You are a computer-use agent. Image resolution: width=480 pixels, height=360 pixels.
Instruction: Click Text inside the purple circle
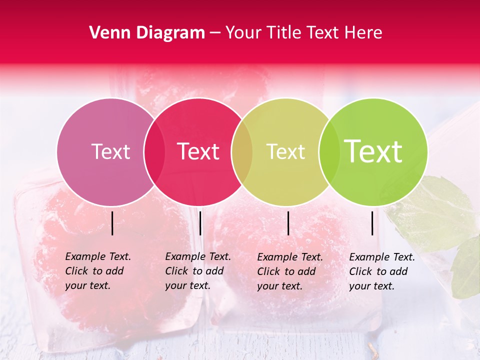110,151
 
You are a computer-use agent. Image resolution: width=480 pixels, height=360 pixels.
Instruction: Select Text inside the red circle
198,151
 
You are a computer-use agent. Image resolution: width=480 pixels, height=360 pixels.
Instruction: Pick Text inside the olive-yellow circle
285,151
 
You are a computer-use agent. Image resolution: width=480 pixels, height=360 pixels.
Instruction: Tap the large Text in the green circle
373,151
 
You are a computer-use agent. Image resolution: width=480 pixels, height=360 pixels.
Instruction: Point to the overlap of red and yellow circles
242,152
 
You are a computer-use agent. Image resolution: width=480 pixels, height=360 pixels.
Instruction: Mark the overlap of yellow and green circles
329,152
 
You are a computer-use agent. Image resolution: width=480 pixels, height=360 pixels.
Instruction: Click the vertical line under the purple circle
112,223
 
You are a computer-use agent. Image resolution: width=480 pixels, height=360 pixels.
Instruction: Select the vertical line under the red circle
200,223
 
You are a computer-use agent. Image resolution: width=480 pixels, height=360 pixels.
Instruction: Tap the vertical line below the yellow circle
288,223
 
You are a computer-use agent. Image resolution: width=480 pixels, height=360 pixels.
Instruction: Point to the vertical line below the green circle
372,223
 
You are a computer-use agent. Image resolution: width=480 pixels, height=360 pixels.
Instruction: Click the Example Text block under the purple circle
98,271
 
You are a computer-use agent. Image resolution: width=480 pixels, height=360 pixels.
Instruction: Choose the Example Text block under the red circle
198,271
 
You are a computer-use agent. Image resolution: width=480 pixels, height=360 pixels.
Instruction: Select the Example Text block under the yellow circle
290,271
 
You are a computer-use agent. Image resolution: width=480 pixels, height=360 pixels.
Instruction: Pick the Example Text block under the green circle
382,271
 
